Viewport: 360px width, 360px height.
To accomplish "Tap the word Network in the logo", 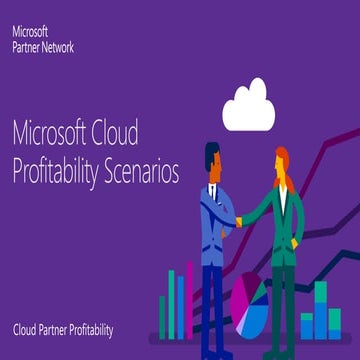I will (x=60, y=46).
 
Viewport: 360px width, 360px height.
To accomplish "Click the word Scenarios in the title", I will (x=145, y=173).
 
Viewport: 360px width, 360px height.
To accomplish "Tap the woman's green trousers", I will (x=284, y=290).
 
